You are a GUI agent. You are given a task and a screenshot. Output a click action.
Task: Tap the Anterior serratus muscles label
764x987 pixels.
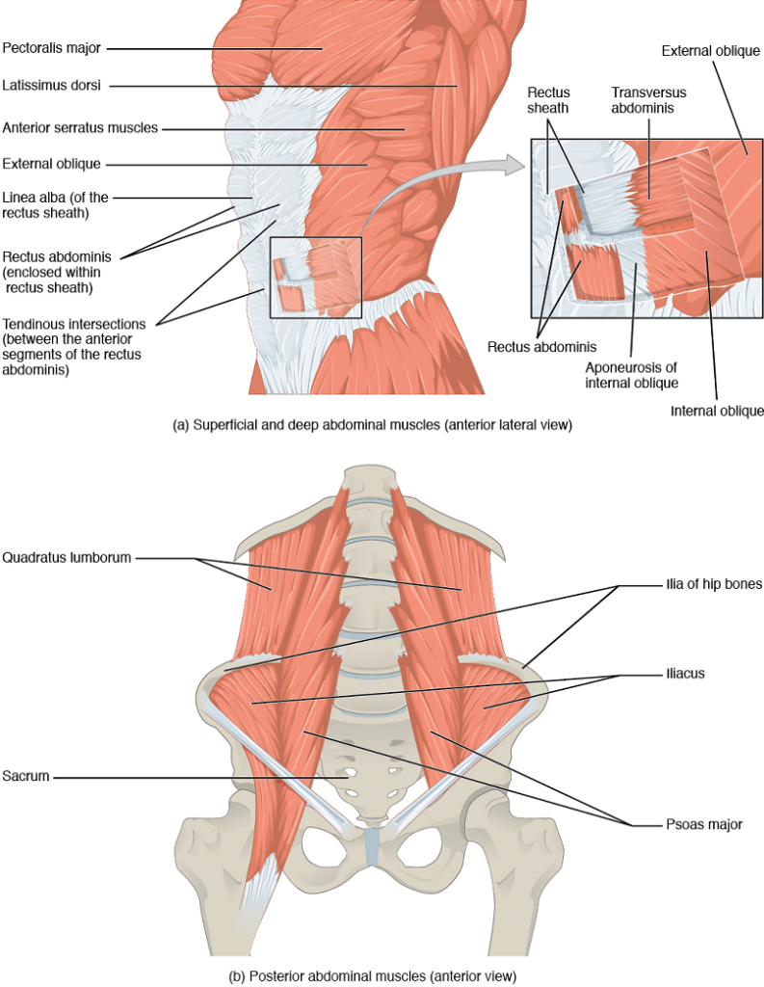(80, 126)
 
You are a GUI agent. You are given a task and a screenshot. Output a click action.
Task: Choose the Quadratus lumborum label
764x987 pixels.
(66, 557)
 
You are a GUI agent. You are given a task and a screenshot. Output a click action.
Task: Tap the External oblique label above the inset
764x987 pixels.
(708, 48)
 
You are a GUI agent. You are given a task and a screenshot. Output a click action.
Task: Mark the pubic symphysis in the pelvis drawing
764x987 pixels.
(373, 845)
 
